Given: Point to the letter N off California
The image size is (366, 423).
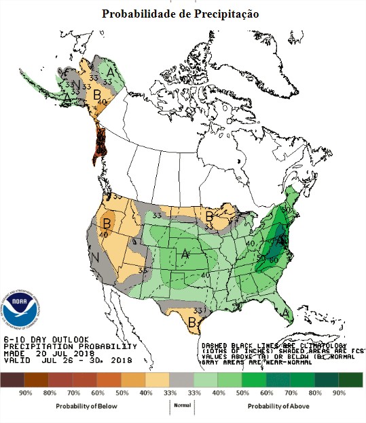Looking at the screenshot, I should click(x=96, y=258).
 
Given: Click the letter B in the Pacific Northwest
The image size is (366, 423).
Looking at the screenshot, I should click(x=107, y=220).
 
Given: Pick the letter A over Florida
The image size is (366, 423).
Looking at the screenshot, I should click(x=286, y=313).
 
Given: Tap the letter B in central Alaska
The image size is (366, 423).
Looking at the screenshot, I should click(x=97, y=94).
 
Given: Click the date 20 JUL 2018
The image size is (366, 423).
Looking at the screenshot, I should click(x=63, y=352).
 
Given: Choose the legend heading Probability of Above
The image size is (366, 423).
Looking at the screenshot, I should click(x=276, y=405).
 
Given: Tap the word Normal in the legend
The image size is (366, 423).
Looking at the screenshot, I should click(x=181, y=405).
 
